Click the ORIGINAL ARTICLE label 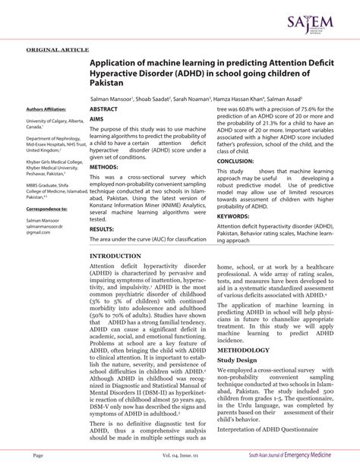pos(58,49)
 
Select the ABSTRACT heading pos(103,109)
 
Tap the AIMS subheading pos(96,119)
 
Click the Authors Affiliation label pos(46,109)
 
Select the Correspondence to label pos(48,208)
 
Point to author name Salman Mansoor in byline pos(112,99)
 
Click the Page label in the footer pos(38,455)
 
